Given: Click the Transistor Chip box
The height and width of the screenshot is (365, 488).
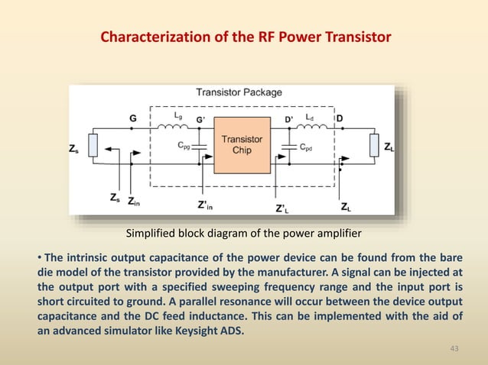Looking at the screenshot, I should coord(242,144).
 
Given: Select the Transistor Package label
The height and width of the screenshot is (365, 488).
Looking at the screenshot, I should coord(239,93).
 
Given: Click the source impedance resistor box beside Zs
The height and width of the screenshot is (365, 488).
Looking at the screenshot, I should coord(93,145).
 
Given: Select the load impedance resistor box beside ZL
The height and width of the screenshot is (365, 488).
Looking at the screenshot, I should coord(373,144).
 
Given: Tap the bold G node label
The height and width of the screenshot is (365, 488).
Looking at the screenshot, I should coord(133,118).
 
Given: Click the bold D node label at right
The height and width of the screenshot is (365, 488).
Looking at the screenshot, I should coord(340,118).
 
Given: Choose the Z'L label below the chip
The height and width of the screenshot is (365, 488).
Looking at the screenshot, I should coord(281,207).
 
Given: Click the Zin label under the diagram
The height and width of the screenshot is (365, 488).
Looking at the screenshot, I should coord(134,202).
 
